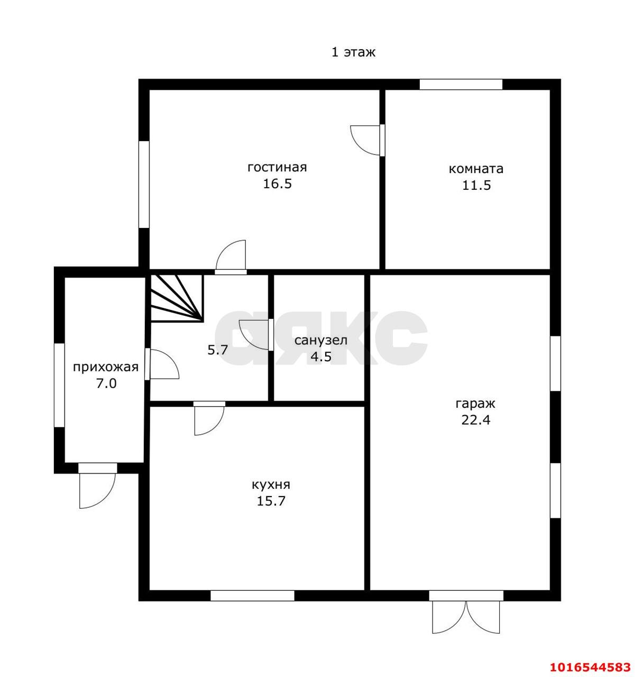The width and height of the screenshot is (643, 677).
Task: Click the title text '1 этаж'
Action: point(353,52)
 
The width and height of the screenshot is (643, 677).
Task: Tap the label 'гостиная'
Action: point(277,167)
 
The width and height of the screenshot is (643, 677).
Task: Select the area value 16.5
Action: point(277,184)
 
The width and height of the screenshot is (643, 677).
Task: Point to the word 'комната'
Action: point(476,169)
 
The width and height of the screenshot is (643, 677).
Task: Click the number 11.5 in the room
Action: point(476,186)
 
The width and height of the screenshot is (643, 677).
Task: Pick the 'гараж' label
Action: point(475,403)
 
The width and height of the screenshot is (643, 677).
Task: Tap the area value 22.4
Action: point(475,420)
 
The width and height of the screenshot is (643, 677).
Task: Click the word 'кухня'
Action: point(271,485)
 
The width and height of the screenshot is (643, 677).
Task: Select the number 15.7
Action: point(271,501)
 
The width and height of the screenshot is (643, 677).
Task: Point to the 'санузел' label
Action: point(321,341)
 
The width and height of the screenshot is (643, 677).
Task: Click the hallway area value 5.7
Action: point(218,350)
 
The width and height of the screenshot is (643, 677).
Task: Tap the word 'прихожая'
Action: point(106,368)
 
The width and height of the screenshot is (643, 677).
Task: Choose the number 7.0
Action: point(106,383)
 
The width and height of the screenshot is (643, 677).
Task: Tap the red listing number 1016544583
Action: point(590,666)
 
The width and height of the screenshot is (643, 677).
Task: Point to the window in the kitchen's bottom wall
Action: point(252,596)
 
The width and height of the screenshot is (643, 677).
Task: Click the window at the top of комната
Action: point(461,85)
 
